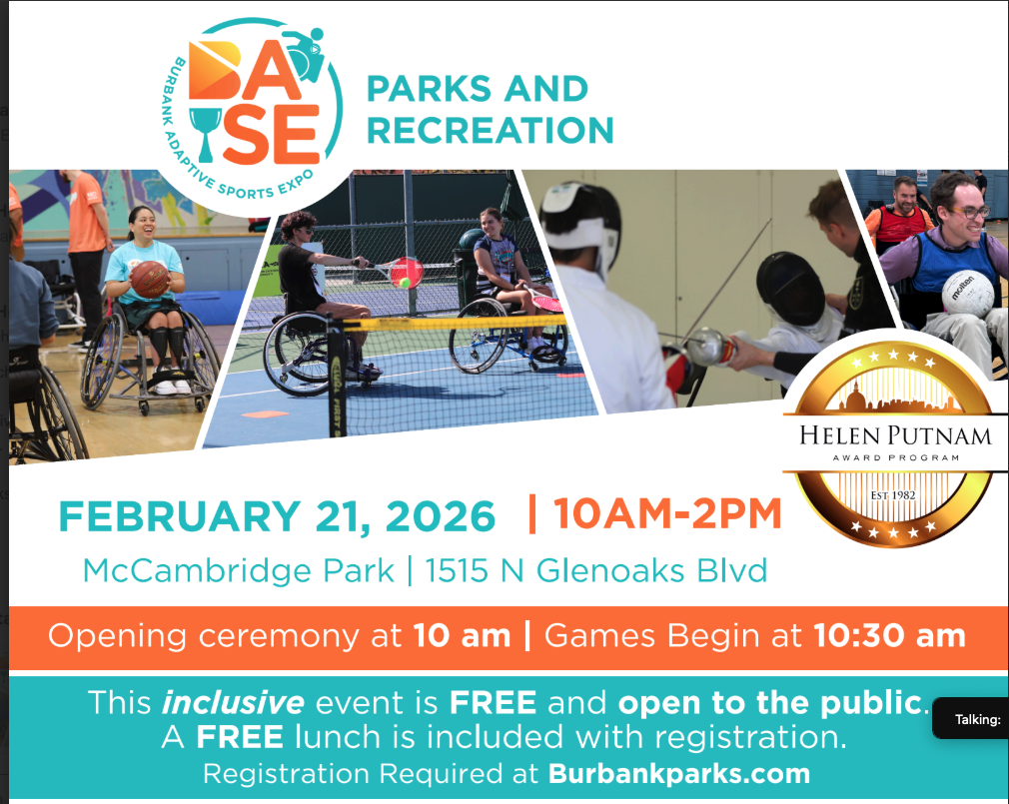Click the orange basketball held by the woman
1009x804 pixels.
pyautogui.click(x=149, y=279)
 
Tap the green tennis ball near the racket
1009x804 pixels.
pyautogui.click(x=405, y=283)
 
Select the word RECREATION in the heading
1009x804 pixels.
pyautogui.click(x=491, y=130)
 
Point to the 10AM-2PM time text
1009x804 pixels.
pyautogui.click(x=667, y=513)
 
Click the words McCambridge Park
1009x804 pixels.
pyautogui.click(x=239, y=570)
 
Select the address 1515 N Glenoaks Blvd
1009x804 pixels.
pyautogui.click(x=595, y=570)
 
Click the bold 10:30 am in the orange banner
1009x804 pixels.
pyautogui.click(x=889, y=635)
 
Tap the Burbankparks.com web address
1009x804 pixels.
pyautogui.click(x=679, y=773)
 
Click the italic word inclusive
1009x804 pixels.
pyautogui.click(x=233, y=702)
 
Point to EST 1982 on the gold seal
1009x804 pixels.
pyautogui.click(x=892, y=495)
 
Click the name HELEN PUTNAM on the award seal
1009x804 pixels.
pyautogui.click(x=895, y=435)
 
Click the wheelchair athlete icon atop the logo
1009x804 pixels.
pyautogui.click(x=305, y=54)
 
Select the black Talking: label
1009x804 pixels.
pyautogui.click(x=977, y=719)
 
